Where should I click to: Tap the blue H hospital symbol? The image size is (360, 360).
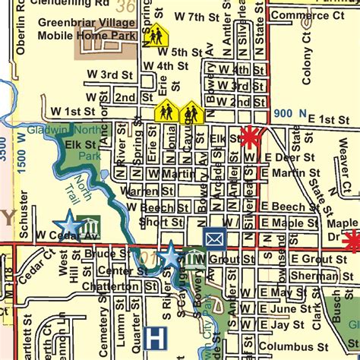pyautogui.click(x=156, y=337)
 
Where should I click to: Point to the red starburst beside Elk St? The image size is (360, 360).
pyautogui.click(x=249, y=137)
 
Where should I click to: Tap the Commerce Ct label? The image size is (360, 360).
pyautogui.click(x=301, y=14)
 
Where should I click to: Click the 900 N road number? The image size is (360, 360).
pyautogui.click(x=285, y=113)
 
